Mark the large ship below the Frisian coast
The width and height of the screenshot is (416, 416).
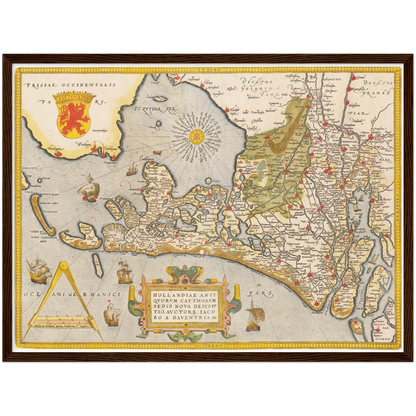click(x=89, y=186)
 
